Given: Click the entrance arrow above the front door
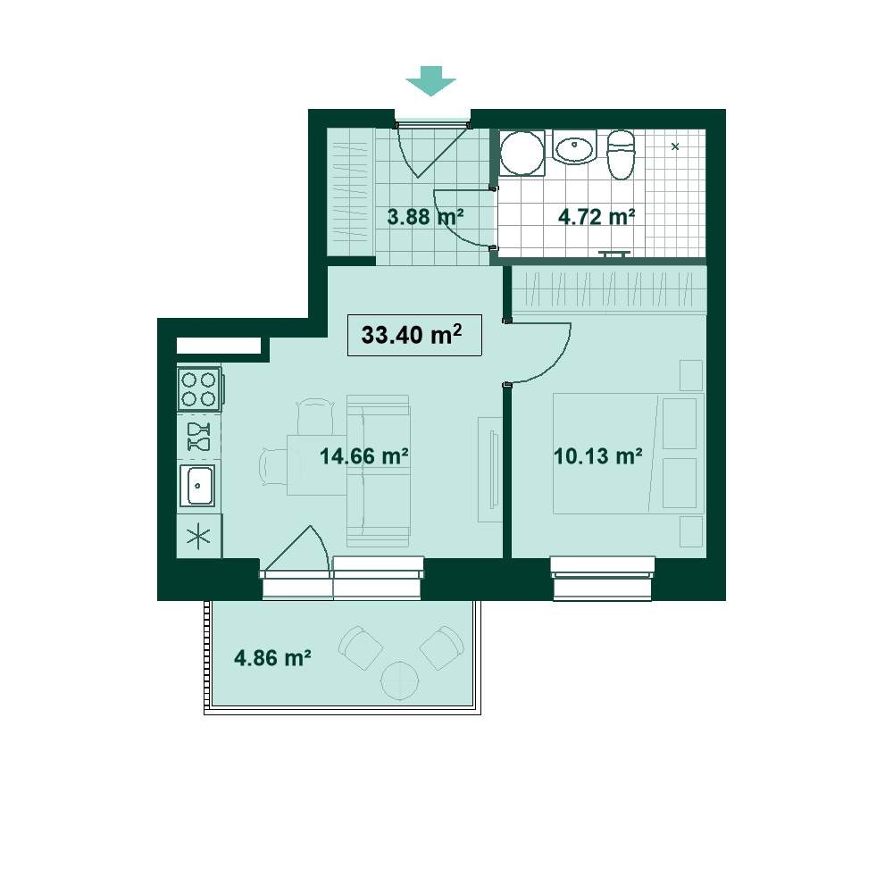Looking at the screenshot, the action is [430, 81].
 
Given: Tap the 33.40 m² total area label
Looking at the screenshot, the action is [411, 334].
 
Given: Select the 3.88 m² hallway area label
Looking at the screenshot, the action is [425, 216].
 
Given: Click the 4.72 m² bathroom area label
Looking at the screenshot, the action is [597, 216].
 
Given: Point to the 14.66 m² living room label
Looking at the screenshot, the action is [364, 456].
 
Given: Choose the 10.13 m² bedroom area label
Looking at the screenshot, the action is [598, 456].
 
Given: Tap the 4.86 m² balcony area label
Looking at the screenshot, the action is [272, 658].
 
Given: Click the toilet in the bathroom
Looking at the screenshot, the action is [621, 154].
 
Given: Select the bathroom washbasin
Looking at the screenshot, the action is [574, 147].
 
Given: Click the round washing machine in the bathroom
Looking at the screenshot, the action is [522, 154].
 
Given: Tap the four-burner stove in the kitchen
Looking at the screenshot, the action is [199, 389].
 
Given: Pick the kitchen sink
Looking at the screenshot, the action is [197, 485].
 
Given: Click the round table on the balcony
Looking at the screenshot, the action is [400, 680].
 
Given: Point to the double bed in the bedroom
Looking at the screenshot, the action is [628, 454].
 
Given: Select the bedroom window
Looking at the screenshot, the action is [603, 578].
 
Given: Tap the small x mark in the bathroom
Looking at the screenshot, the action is [675, 146].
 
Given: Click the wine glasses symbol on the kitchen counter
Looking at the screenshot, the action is [199, 437].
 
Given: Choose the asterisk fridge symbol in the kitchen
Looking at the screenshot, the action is [198, 536].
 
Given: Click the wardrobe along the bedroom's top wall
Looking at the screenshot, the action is [609, 289].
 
